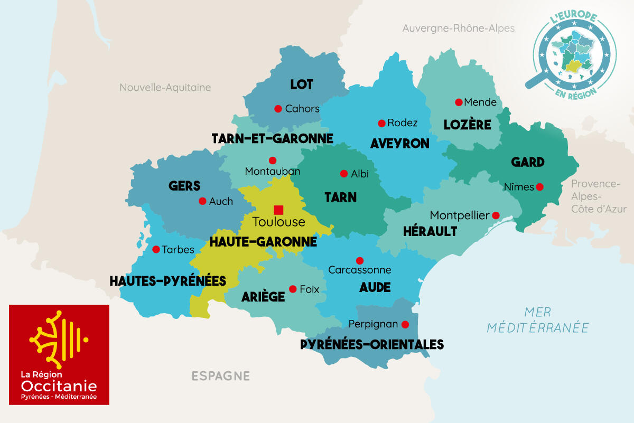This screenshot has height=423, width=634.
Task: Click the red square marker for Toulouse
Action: pyautogui.click(x=278, y=210)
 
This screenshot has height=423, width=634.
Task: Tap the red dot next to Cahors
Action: pyautogui.click(x=278, y=109)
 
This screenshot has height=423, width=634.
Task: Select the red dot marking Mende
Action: pyautogui.click(x=459, y=102)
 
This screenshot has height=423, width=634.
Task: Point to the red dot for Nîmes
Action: pyautogui.click(x=539, y=186)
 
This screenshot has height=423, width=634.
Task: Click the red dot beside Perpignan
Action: pyautogui.click(x=405, y=324)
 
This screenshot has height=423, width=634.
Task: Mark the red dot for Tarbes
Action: pyautogui.click(x=156, y=249)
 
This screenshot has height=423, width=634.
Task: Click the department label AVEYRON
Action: pyautogui.click(x=399, y=144)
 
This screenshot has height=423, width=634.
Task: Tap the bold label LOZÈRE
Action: pyautogui.click(x=468, y=125)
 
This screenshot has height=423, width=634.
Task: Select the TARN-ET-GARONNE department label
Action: pyautogui.click(x=272, y=138)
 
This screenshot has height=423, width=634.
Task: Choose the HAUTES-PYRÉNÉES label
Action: pyautogui.click(x=167, y=281)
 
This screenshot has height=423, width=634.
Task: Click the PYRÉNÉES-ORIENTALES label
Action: pyautogui.click(x=372, y=345)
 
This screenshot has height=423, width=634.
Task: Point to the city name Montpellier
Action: pyautogui.click(x=459, y=215)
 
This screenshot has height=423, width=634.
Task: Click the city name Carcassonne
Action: pyautogui.click(x=359, y=270)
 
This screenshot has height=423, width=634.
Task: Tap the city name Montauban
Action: pyautogui.click(x=272, y=171)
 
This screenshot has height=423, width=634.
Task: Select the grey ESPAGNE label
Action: pyautogui.click(x=220, y=376)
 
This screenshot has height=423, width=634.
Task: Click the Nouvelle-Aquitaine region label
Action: pyautogui.click(x=165, y=88)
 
